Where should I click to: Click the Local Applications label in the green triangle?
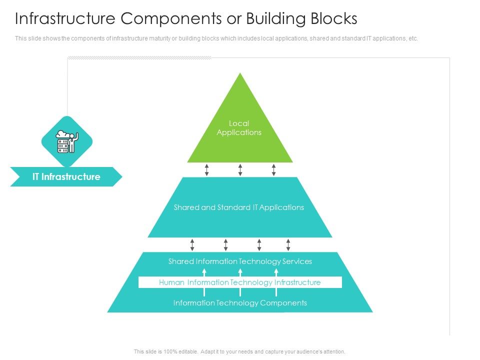239,128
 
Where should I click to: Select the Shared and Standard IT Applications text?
239,207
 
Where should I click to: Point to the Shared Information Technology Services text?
240,261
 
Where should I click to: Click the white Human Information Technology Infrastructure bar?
240,282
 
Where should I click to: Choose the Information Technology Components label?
240,303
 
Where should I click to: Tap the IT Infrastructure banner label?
66,177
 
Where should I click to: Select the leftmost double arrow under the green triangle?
207,169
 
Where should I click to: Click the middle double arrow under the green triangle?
240,169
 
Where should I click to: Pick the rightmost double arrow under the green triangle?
273,169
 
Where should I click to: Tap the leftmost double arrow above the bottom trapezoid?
192,244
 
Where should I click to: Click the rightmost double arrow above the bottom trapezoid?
288,244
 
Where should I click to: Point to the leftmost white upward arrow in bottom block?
204,272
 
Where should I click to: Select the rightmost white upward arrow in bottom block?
276,272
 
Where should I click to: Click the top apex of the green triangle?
240,75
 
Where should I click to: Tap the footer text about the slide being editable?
240,352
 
